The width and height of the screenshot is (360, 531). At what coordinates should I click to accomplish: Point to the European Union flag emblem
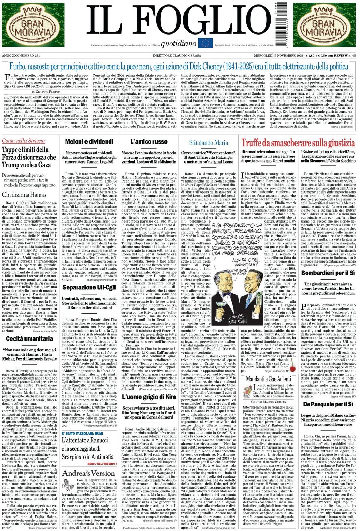[x=205, y=43]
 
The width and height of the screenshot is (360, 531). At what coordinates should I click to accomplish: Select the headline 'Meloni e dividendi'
[x=89, y=141]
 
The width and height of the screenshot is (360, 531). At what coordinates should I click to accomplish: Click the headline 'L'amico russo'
[x=149, y=141]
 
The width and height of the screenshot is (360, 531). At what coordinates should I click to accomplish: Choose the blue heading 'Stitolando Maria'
[x=208, y=142]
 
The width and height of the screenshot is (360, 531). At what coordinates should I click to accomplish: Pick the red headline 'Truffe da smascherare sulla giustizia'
[x=298, y=142]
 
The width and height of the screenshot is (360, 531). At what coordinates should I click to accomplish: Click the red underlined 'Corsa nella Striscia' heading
[x=23, y=141]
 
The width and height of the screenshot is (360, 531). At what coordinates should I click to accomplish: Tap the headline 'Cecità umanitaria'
[x=29, y=339]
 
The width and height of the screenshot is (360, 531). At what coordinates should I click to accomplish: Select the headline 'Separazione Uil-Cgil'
[x=89, y=287]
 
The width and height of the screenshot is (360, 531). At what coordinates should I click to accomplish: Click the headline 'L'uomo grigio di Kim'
[x=149, y=397]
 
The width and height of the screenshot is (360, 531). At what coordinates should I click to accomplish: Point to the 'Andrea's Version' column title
[x=89, y=473]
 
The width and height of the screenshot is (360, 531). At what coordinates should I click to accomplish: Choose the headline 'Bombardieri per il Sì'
[x=328, y=273]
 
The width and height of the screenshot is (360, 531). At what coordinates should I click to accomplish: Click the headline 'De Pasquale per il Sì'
[x=328, y=404]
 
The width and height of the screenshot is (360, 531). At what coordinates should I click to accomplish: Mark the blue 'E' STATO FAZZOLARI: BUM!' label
[x=82, y=433]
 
